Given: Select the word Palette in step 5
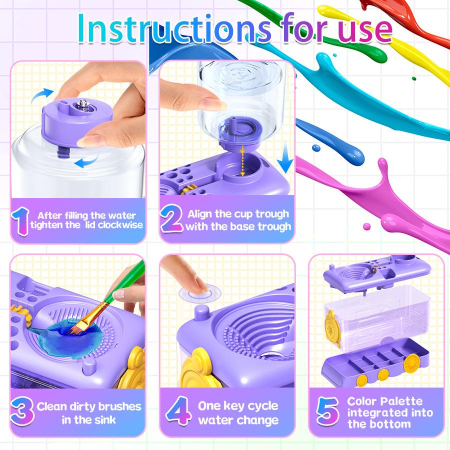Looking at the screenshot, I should point(401,401).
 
